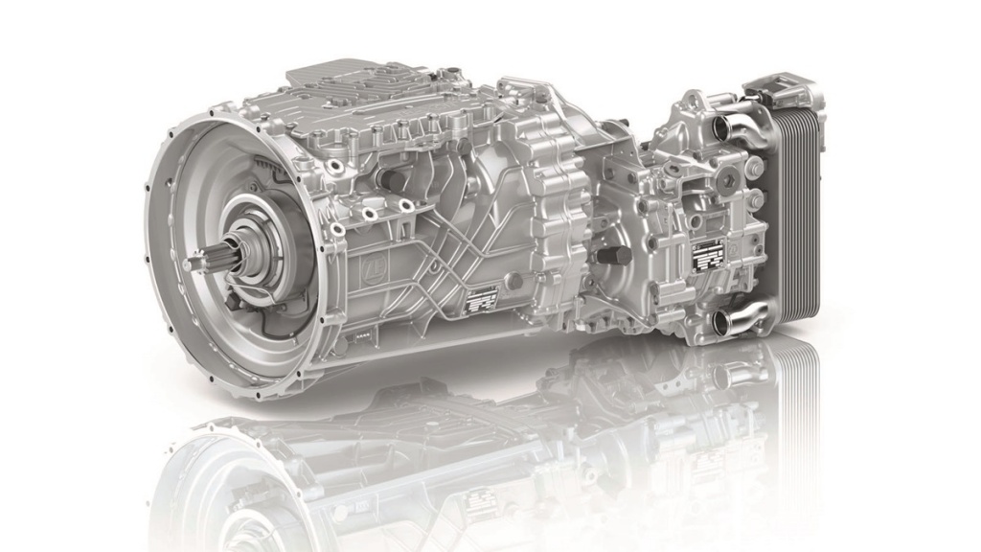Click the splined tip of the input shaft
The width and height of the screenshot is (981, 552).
click(x=204, y=258)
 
